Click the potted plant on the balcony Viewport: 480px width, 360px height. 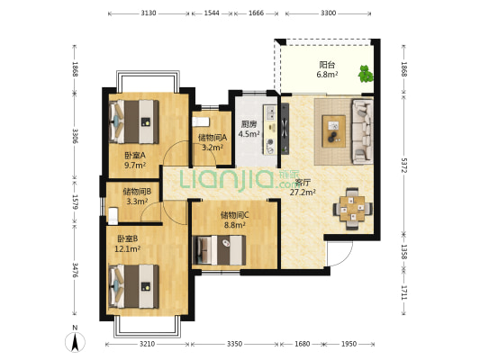pos(366,74)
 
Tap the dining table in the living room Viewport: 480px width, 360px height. pos(352,209)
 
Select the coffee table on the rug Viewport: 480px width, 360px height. pos(334,130)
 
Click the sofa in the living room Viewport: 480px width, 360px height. pos(362,131)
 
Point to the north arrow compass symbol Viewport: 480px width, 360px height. pos(75,341)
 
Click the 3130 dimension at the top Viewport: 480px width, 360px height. pos(149,13)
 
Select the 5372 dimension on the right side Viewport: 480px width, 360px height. pos(404,166)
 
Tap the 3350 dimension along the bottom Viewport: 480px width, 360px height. pos(234,344)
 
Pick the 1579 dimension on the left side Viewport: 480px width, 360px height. pos(75,202)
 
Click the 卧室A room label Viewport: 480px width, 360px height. pos(135,156)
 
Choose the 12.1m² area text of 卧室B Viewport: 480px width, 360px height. pos(127,249)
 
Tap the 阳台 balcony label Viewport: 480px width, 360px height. pos(327,65)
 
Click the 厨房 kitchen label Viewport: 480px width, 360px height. pos(249,124)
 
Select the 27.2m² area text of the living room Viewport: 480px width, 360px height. pos(303,192)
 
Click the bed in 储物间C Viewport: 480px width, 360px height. pos(219,250)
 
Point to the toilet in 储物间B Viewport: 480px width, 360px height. pos(113,215)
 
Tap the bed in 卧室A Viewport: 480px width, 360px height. pos(134,121)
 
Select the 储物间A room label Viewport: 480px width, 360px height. pos(213,138)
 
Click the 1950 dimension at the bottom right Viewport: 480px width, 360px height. pos(349,344)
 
